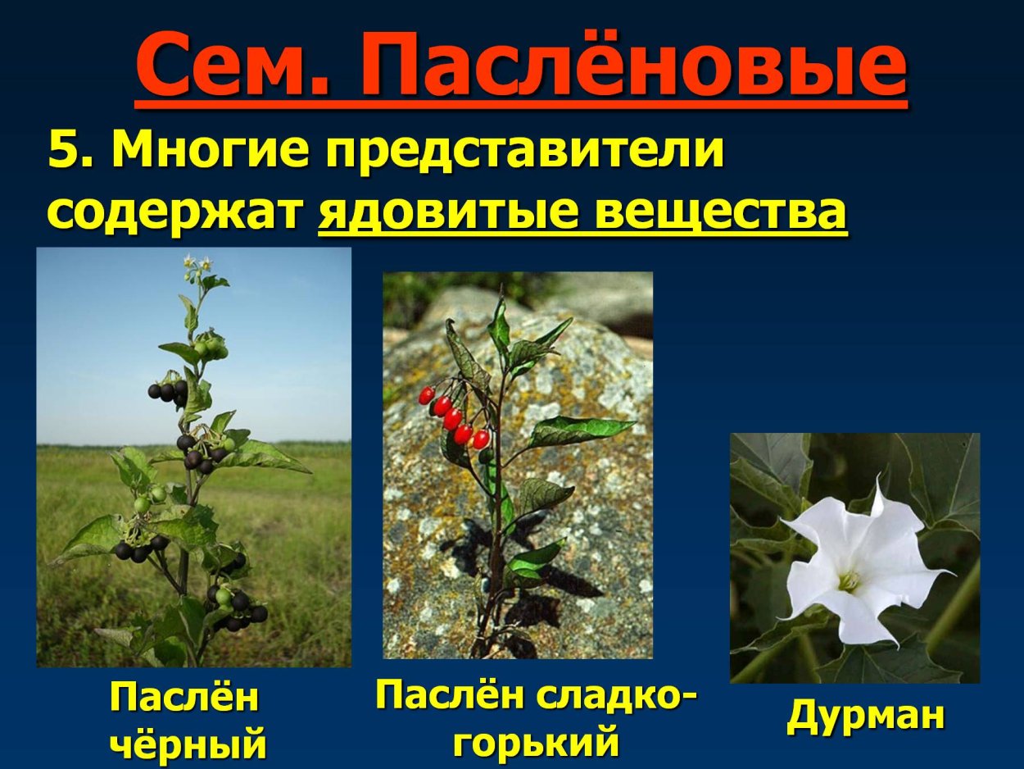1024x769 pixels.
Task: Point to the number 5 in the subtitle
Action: [65, 150]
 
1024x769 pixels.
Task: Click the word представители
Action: [525, 150]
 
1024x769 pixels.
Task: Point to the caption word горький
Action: [537, 741]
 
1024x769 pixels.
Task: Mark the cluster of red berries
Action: [454, 416]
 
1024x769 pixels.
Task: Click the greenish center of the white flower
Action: [848, 581]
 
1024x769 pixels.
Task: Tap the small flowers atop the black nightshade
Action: [197, 265]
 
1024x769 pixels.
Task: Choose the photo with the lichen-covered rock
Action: [518, 465]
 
